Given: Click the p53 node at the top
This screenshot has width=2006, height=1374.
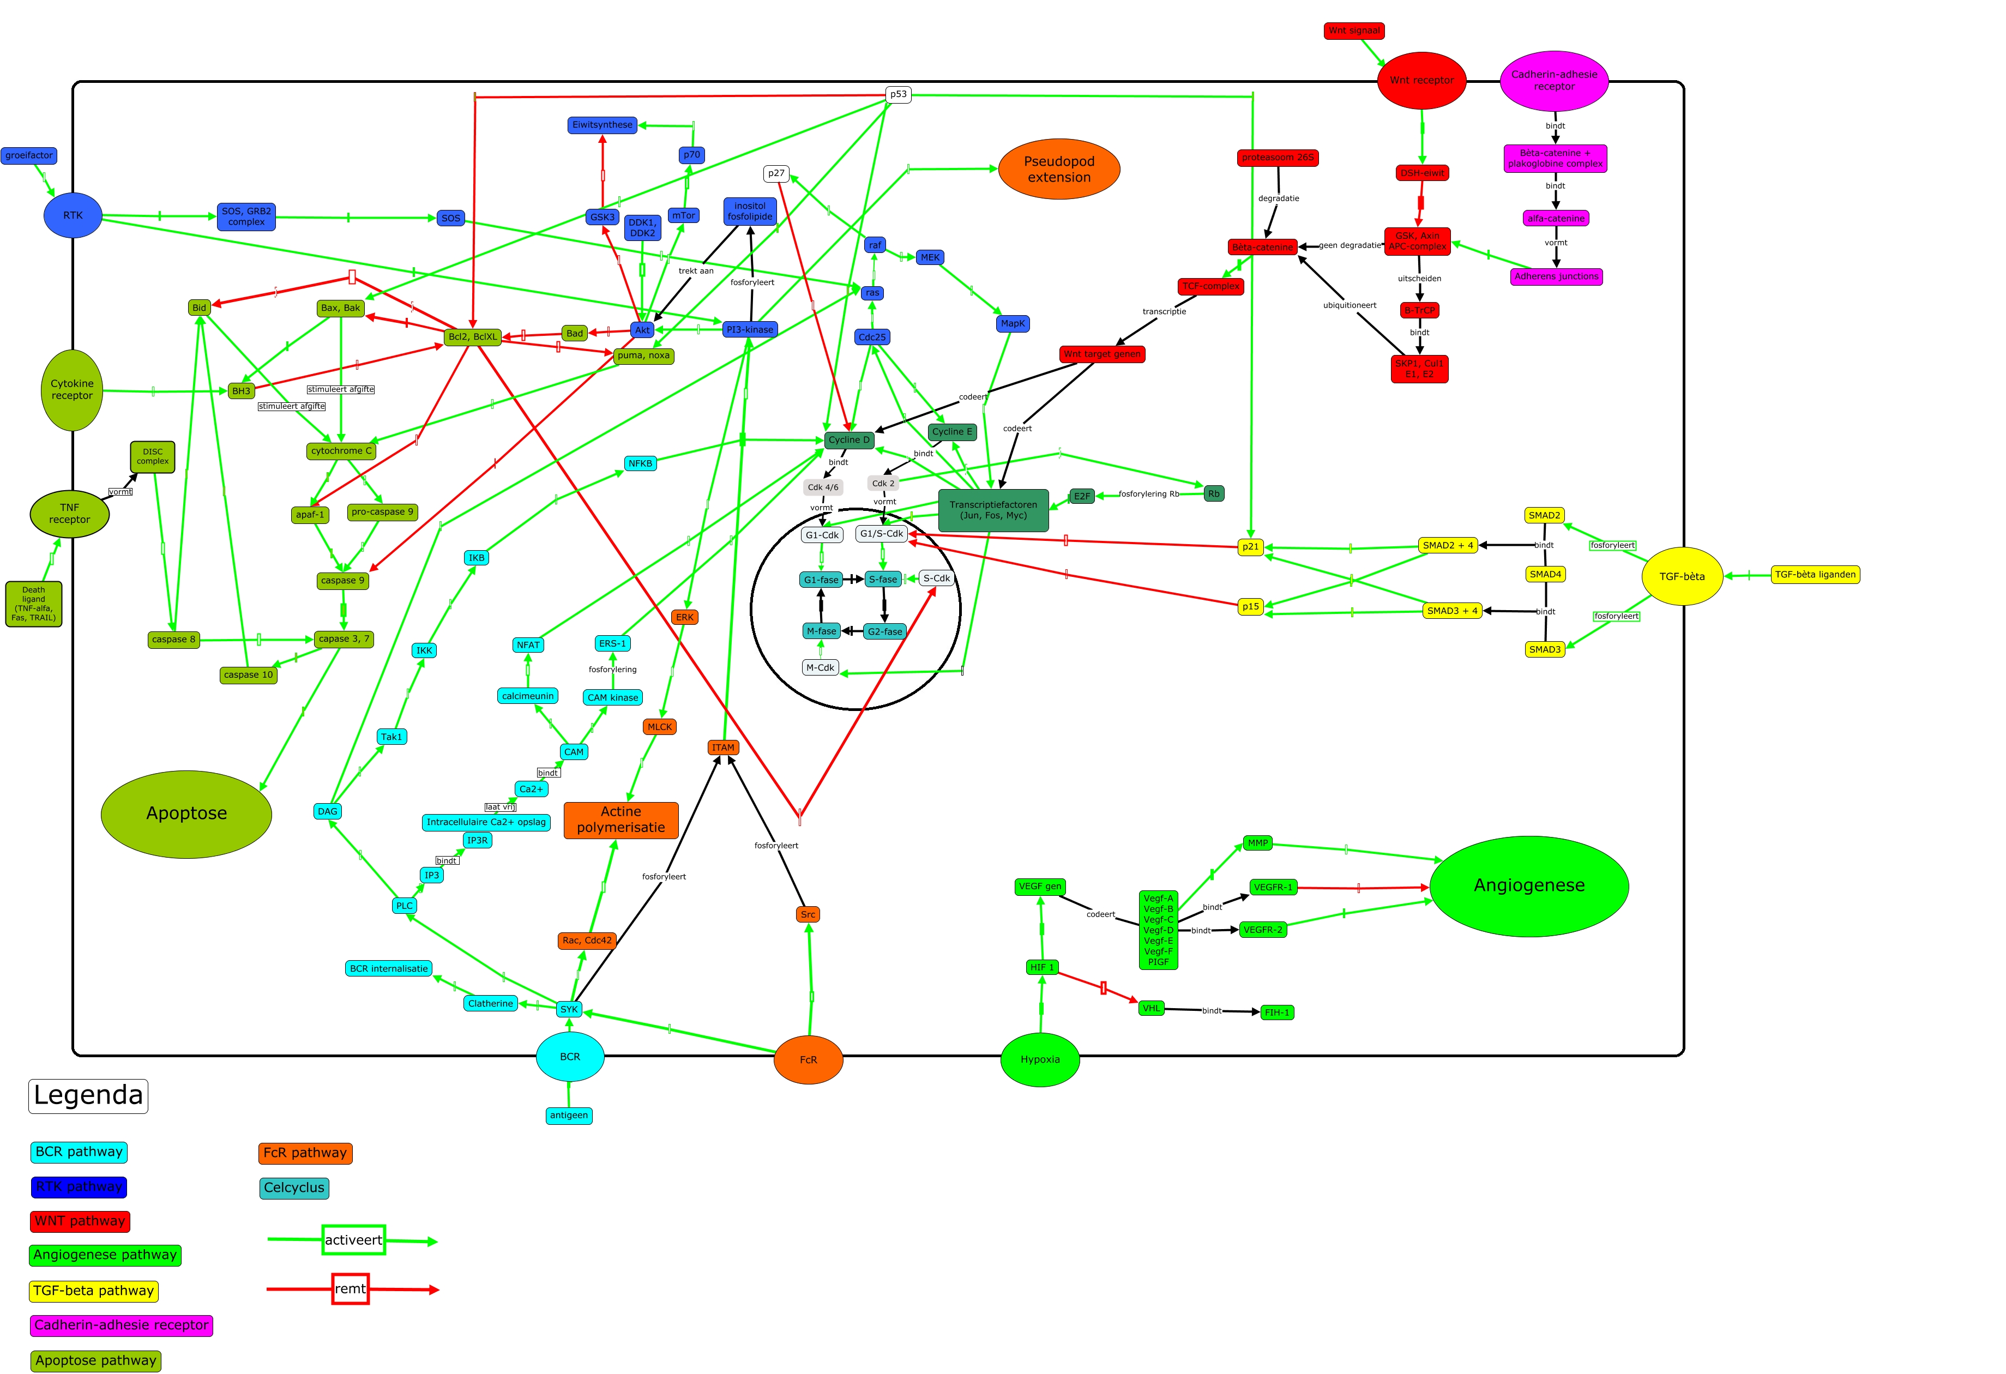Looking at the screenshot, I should (x=899, y=94).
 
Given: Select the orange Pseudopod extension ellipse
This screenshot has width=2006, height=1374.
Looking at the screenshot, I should (x=1058, y=169).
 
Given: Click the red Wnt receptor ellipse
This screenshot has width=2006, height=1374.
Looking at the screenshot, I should (x=1421, y=80).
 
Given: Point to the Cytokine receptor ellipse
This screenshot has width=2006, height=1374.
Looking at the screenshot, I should (x=71, y=390).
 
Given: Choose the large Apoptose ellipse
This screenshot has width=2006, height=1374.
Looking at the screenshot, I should (x=186, y=813).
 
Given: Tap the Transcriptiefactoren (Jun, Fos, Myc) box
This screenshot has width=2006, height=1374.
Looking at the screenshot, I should (x=993, y=510).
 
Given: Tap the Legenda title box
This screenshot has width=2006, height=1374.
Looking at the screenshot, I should (x=88, y=1095).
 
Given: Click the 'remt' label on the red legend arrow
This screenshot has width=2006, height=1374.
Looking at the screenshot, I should (x=351, y=1288).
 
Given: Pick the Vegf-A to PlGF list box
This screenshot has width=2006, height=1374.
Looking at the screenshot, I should (x=1158, y=930).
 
